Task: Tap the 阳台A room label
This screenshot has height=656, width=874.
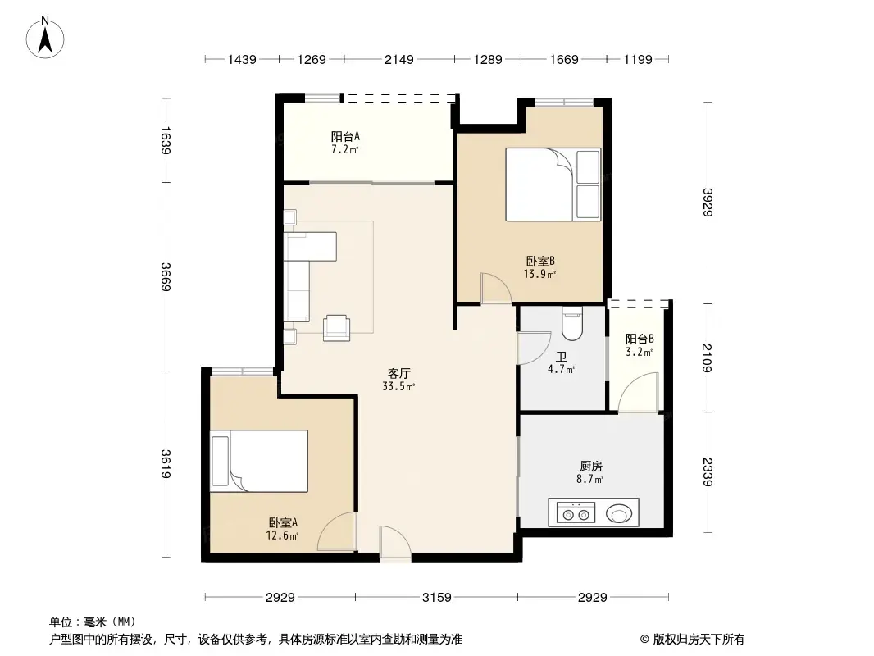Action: click(345, 143)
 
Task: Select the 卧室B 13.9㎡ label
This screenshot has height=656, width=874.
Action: click(541, 266)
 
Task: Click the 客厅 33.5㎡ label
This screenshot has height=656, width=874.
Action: click(399, 379)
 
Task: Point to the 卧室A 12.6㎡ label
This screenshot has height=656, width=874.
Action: click(282, 529)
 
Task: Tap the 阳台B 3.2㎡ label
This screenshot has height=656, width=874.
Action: click(640, 345)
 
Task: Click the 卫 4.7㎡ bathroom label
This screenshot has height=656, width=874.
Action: click(561, 362)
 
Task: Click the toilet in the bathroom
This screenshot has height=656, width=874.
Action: click(571, 325)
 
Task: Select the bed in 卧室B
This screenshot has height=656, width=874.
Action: click(553, 184)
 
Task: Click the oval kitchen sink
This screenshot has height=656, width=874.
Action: click(620, 514)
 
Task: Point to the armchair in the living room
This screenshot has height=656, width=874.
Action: click(337, 327)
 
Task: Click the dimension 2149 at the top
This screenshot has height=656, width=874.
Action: click(399, 59)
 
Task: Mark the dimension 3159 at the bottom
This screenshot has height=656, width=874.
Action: click(437, 598)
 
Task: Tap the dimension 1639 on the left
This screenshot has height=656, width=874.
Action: click(166, 140)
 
